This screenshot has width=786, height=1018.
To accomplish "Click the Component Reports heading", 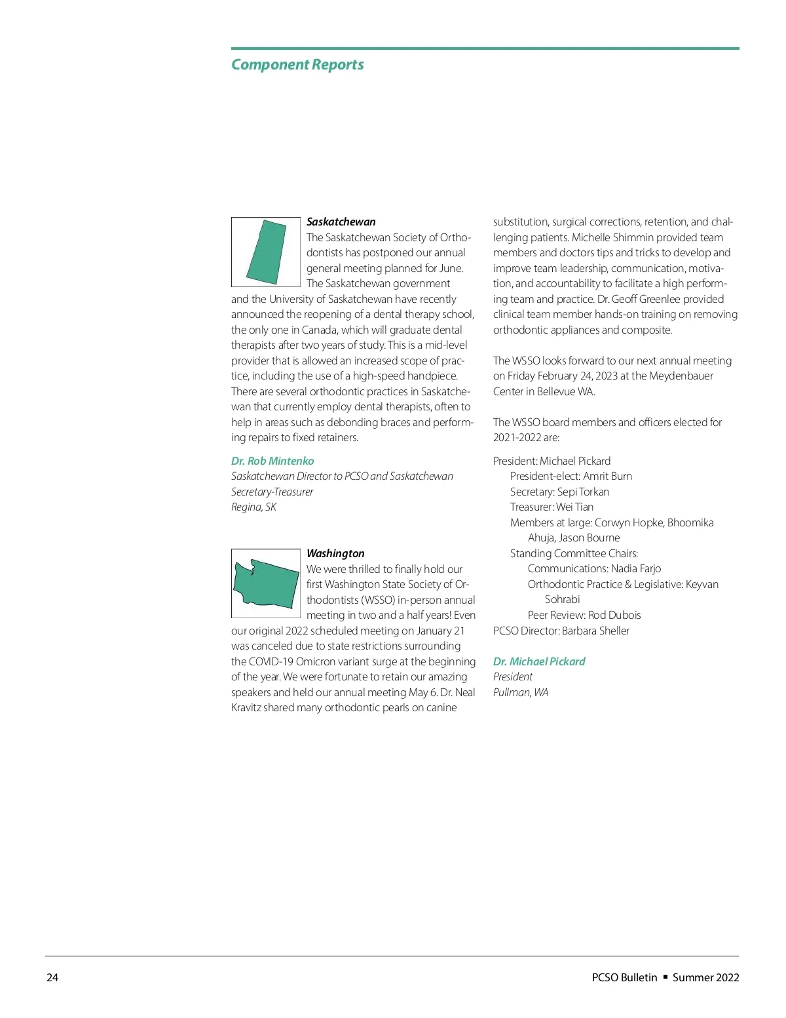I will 297,65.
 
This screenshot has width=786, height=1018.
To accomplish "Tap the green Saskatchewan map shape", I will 267,252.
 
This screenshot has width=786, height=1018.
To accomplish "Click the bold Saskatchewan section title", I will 341,222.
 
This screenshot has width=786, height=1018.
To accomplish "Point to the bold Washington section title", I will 335,553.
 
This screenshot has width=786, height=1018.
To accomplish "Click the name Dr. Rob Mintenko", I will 272,461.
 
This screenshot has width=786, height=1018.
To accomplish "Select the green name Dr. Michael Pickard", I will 539,661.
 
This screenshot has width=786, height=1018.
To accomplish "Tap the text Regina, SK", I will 253,507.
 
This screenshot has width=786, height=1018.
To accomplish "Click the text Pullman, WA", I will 521,692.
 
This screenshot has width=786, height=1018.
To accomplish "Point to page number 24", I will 52,977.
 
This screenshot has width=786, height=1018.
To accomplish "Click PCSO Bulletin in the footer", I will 624,977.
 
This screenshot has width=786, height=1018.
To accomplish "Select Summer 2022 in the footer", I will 705,977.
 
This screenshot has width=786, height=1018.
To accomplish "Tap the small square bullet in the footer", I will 665,977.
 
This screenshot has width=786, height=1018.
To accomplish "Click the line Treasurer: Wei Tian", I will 552,507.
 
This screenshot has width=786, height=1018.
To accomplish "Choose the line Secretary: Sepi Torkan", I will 559,492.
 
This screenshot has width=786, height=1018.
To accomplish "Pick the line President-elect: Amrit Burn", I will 571,476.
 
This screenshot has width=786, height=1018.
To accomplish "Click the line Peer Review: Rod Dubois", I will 584,615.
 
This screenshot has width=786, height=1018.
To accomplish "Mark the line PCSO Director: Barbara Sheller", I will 561,631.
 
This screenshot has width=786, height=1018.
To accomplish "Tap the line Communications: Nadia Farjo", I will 594,568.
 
